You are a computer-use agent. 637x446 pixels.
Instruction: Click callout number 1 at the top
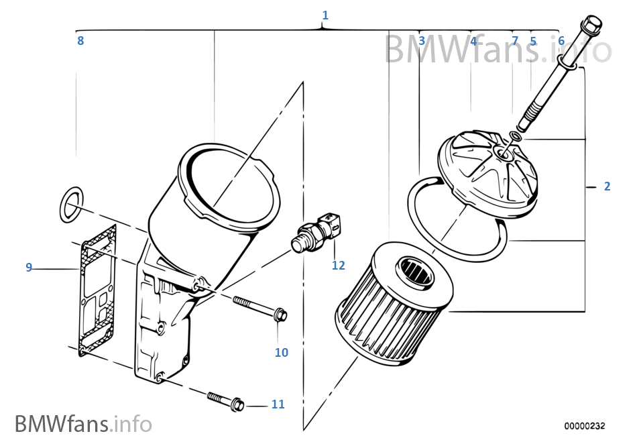click(325, 15)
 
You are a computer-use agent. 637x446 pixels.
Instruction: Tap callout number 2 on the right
click(607, 186)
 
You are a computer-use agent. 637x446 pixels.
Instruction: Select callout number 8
click(80, 41)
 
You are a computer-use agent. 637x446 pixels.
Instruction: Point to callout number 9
click(29, 268)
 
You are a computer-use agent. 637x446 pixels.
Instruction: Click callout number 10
click(282, 352)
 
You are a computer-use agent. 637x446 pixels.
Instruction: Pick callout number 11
click(278, 404)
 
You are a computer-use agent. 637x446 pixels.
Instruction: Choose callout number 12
click(338, 266)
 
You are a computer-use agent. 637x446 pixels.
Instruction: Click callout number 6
click(561, 41)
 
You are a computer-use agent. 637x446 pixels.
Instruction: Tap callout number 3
click(422, 41)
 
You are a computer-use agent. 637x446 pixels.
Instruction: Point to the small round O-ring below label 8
click(70, 204)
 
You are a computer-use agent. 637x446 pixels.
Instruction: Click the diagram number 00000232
click(584, 426)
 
